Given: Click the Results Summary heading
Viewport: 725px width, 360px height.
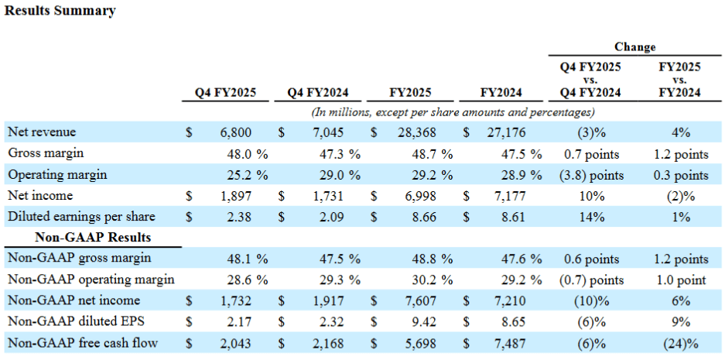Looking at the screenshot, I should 60,11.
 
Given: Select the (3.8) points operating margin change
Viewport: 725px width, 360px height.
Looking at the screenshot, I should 592,175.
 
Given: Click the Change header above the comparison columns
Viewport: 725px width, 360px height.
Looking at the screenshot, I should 634,47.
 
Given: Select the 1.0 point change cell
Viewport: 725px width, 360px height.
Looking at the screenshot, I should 679,279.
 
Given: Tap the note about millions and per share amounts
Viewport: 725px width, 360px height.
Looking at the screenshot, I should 453,111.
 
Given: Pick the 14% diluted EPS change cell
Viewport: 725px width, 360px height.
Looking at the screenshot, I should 591,217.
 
